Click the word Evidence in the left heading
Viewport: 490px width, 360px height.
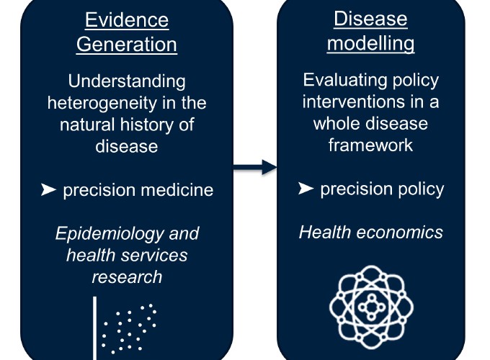pyautogui.click(x=127, y=20)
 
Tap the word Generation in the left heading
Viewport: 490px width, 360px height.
pyautogui.click(x=127, y=45)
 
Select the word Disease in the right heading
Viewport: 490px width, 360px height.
pyautogui.click(x=370, y=19)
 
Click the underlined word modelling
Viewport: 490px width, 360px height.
pyautogui.click(x=370, y=43)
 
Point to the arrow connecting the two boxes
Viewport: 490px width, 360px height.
pyautogui.click(x=255, y=167)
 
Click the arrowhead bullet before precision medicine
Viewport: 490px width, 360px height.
pyautogui.click(x=48, y=189)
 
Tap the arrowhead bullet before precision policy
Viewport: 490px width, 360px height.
pyautogui.click(x=306, y=188)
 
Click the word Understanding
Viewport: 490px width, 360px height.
pyautogui.click(x=127, y=82)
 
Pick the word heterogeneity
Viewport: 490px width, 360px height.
pyautogui.click(x=102, y=104)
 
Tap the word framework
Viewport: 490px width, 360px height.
pyautogui.click(x=370, y=145)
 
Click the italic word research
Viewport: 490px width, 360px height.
pyautogui.click(x=127, y=277)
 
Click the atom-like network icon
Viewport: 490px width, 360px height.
pyautogui.click(x=371, y=307)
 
